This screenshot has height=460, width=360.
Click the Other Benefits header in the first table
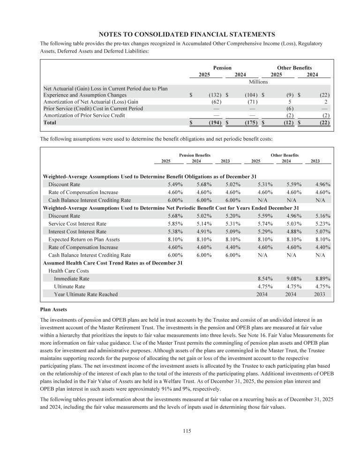pos(294,68)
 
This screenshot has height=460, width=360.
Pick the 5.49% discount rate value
pos(163,184)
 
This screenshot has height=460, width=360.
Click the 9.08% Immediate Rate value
pos(294,279)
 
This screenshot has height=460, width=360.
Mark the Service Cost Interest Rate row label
pos(77,223)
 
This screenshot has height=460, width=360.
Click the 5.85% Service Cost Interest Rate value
pos(163,223)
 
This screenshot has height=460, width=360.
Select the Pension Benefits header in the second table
pos(195,155)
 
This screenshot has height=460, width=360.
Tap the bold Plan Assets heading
pos(54,309)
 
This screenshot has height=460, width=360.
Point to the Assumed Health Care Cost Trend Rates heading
pos(113,263)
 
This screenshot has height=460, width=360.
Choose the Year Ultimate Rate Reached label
pos(86,294)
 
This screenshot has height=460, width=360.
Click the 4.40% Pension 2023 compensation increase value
pos(232,247)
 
